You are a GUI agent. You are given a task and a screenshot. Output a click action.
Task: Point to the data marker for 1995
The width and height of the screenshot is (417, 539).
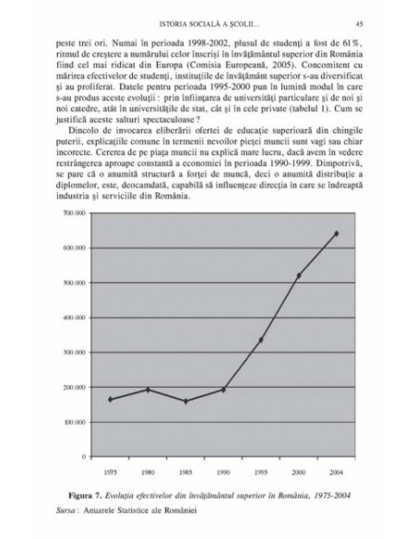pyautogui.click(x=262, y=340)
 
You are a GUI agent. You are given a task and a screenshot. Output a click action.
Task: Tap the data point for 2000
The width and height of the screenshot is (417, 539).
pyautogui.click(x=299, y=274)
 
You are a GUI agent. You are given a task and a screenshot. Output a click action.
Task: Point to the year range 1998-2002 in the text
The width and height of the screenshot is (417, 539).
pyautogui.click(x=191, y=42)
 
